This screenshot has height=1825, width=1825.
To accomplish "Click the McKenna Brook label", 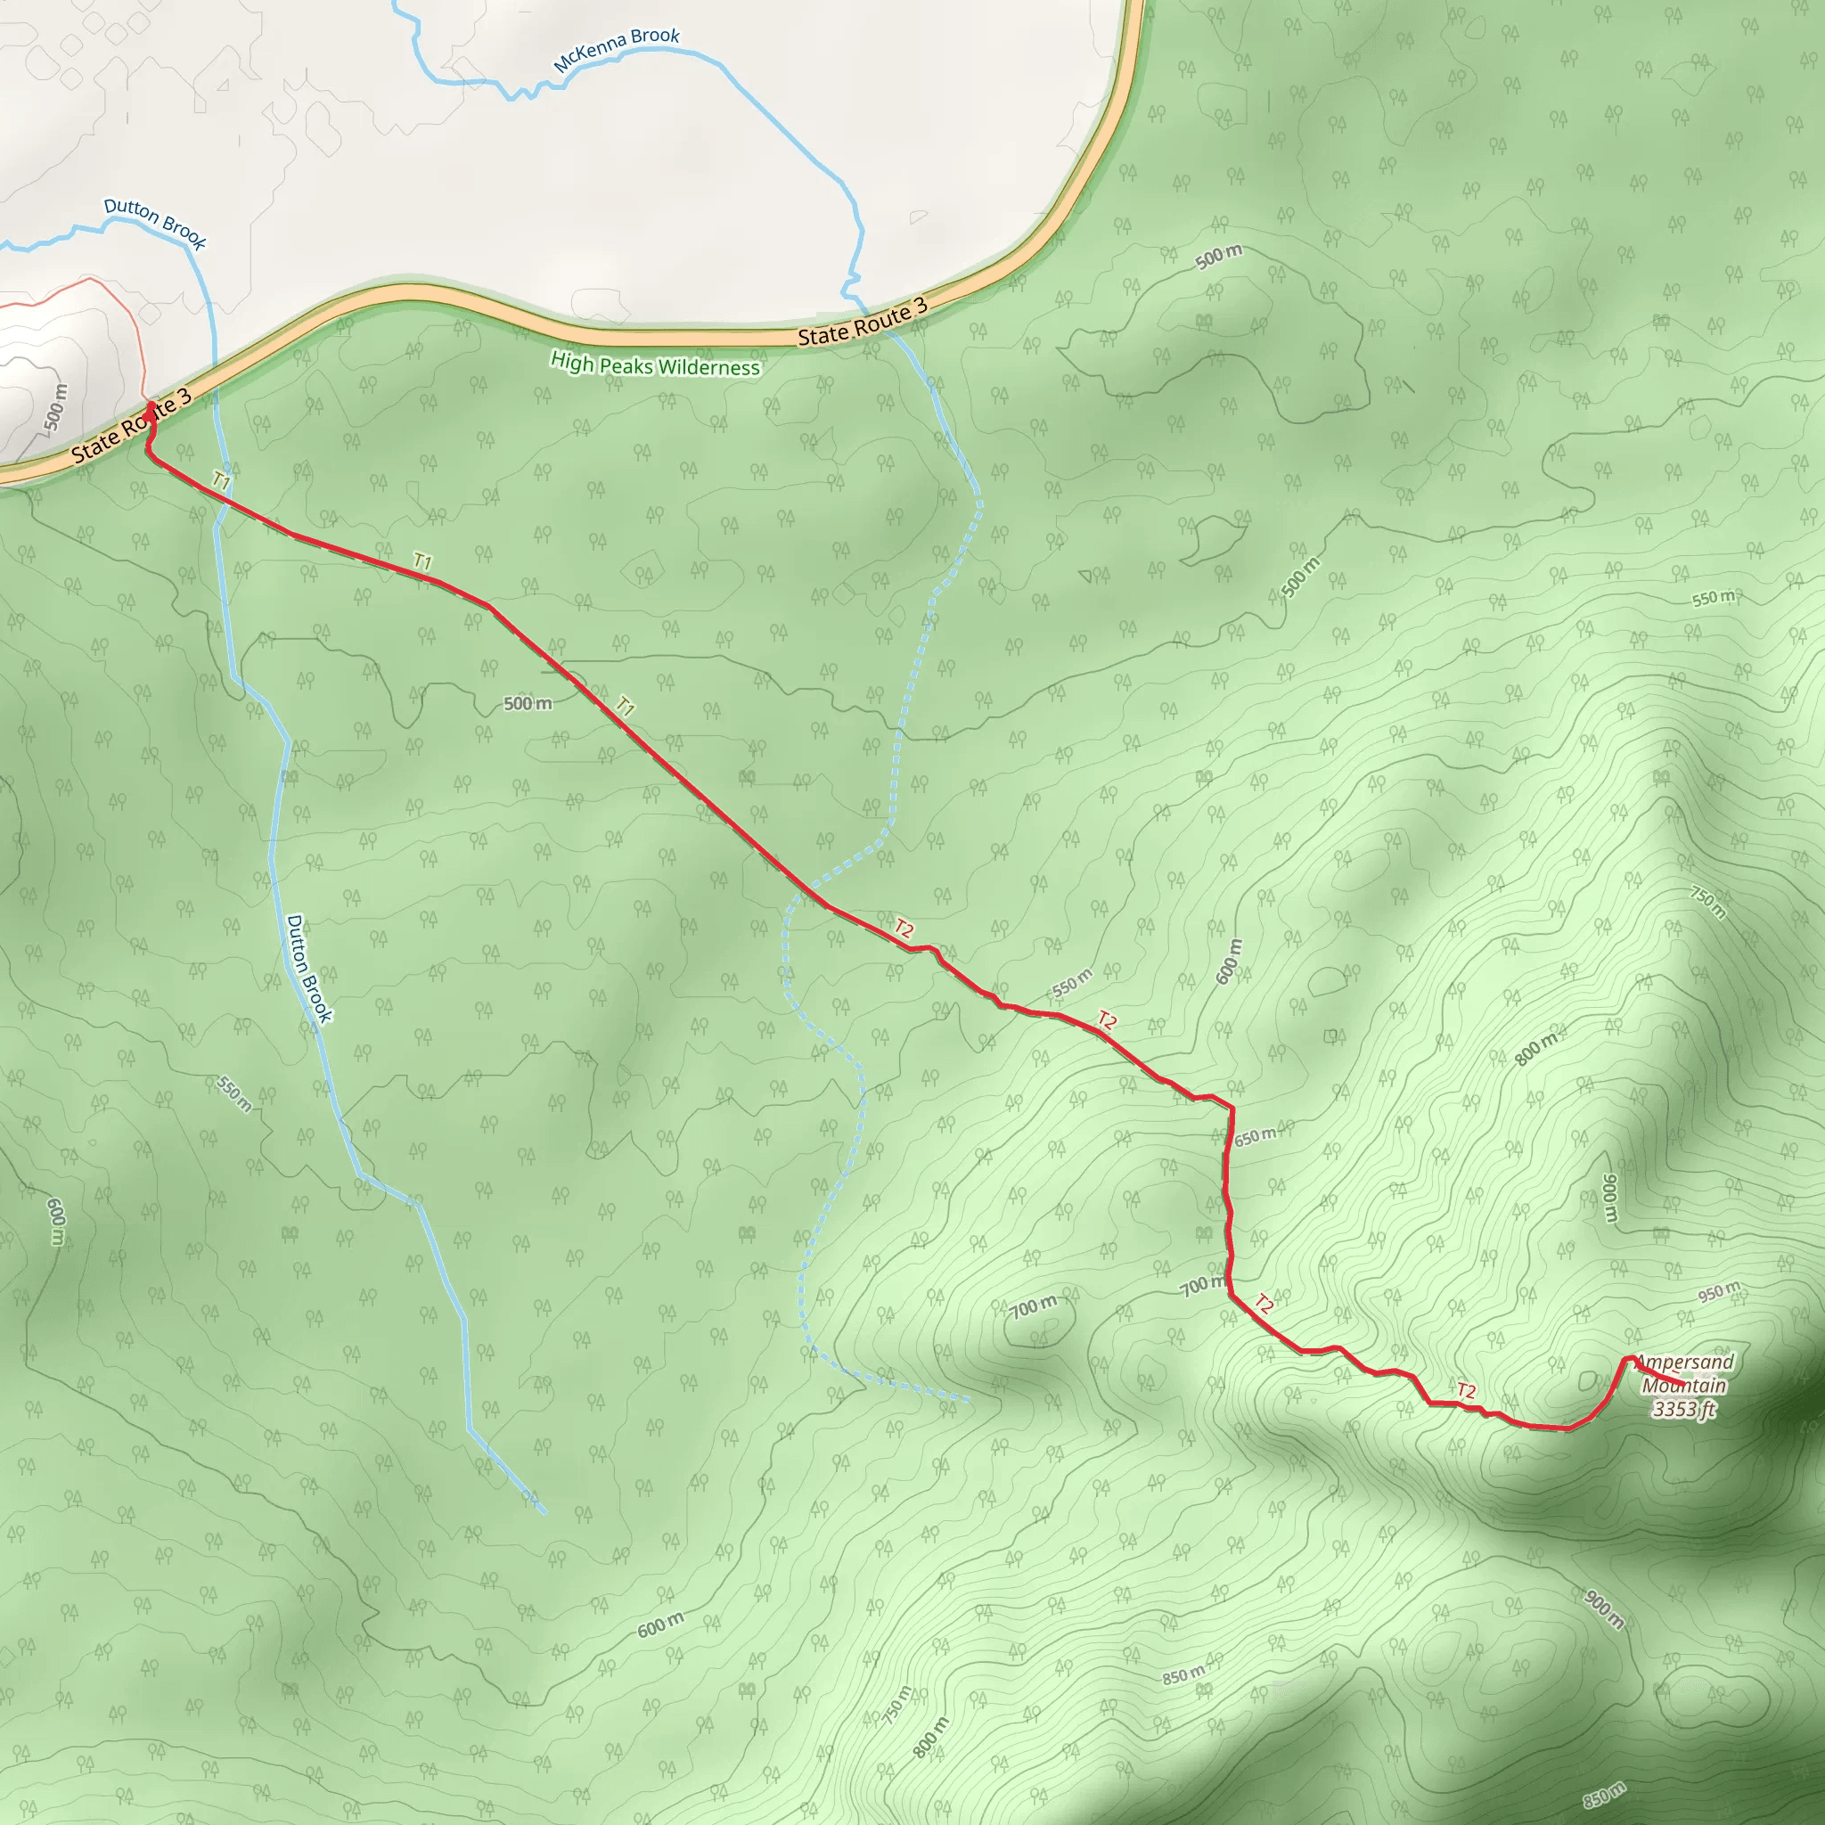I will pyautogui.click(x=616, y=49).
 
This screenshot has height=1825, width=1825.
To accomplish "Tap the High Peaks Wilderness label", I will pyautogui.click(x=655, y=364).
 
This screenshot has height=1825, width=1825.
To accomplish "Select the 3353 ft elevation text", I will pyautogui.click(x=1683, y=1411).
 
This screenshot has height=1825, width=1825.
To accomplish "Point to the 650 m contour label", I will pyautogui.click(x=1255, y=1137).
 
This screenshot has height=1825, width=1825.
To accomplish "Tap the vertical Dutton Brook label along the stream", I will pyautogui.click(x=309, y=969).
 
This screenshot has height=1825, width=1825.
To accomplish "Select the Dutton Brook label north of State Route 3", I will pyautogui.click(x=155, y=222).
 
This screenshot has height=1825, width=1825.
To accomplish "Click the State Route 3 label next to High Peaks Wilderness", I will pyautogui.click(x=863, y=322).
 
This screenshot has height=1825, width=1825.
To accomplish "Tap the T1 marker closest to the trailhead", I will pyautogui.click(x=221, y=481).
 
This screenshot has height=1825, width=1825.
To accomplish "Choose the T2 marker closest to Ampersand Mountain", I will pyautogui.click(x=1465, y=1390).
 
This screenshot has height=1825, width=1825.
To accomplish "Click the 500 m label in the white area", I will pyautogui.click(x=56, y=407).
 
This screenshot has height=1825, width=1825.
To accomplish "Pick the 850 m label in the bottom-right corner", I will pyautogui.click(x=1605, y=1795).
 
